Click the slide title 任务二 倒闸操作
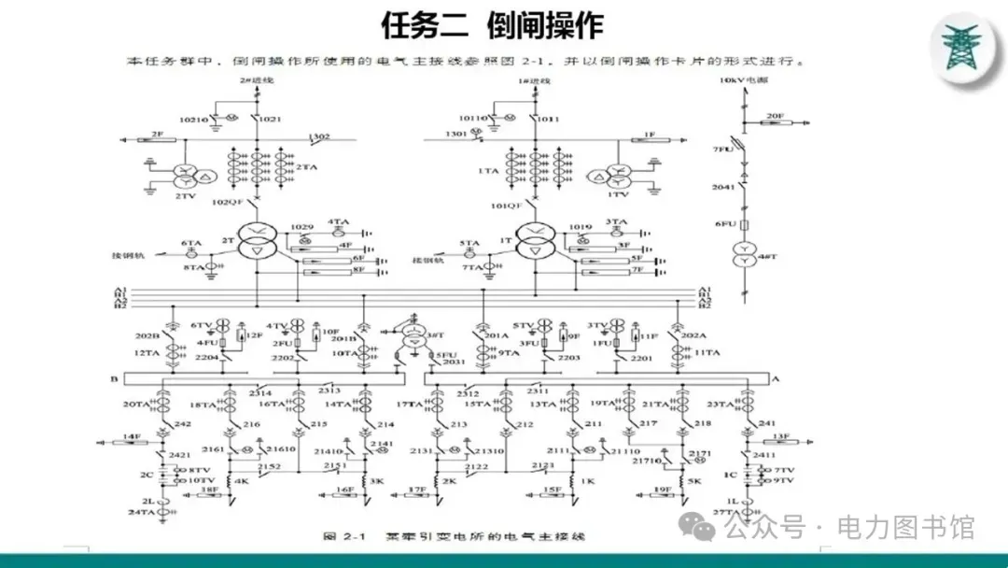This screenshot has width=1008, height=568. coord(492,25)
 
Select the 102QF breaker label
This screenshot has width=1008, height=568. coord(227,203)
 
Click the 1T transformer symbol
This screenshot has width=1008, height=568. coord(533,240)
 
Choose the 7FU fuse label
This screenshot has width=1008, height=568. coord(721,149)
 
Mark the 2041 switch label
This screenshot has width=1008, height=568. coord(724,188)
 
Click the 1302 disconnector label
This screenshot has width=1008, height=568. coord(319,137)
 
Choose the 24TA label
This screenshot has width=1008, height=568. coord(142,513)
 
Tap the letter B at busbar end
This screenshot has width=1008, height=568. coord(113,379)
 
